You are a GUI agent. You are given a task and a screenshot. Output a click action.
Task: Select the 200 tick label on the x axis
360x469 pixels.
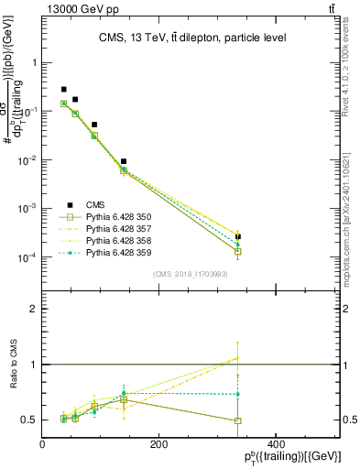(x=159, y=444)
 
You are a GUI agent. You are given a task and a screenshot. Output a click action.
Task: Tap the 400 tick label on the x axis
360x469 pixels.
(x=276, y=444)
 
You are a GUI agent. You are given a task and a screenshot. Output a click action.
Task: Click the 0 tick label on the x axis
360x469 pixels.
(x=43, y=444)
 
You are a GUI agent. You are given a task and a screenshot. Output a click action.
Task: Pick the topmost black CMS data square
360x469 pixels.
(x=63, y=90)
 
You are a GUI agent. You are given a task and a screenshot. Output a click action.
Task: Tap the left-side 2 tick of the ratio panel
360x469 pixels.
(x=34, y=310)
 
